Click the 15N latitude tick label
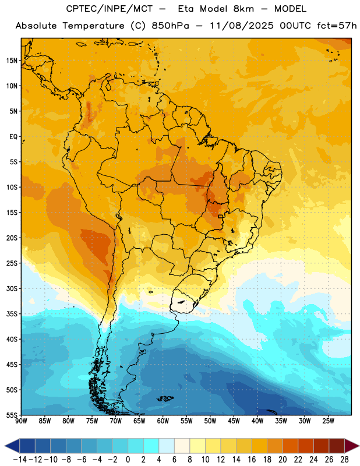pos(12,61)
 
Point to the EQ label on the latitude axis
pos(13,137)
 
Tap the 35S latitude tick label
pos(12,314)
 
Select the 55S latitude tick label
pos(12,415)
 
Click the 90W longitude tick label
pos(21,421)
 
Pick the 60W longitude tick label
pos(163,421)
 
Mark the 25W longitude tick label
pos(328,421)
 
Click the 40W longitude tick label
pos(257,421)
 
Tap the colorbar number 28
pos(344,460)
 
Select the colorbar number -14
pos(20,460)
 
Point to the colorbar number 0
pos(128,460)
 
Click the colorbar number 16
pos(252,460)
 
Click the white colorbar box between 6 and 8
pos(182,446)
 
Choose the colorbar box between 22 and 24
pos(306,446)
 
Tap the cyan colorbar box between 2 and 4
pos(151,446)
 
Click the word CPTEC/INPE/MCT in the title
pos(110,9)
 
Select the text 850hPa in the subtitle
pos(170,26)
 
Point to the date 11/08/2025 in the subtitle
pos(242,26)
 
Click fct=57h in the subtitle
pos(337,26)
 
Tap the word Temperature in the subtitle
pos(93,26)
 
